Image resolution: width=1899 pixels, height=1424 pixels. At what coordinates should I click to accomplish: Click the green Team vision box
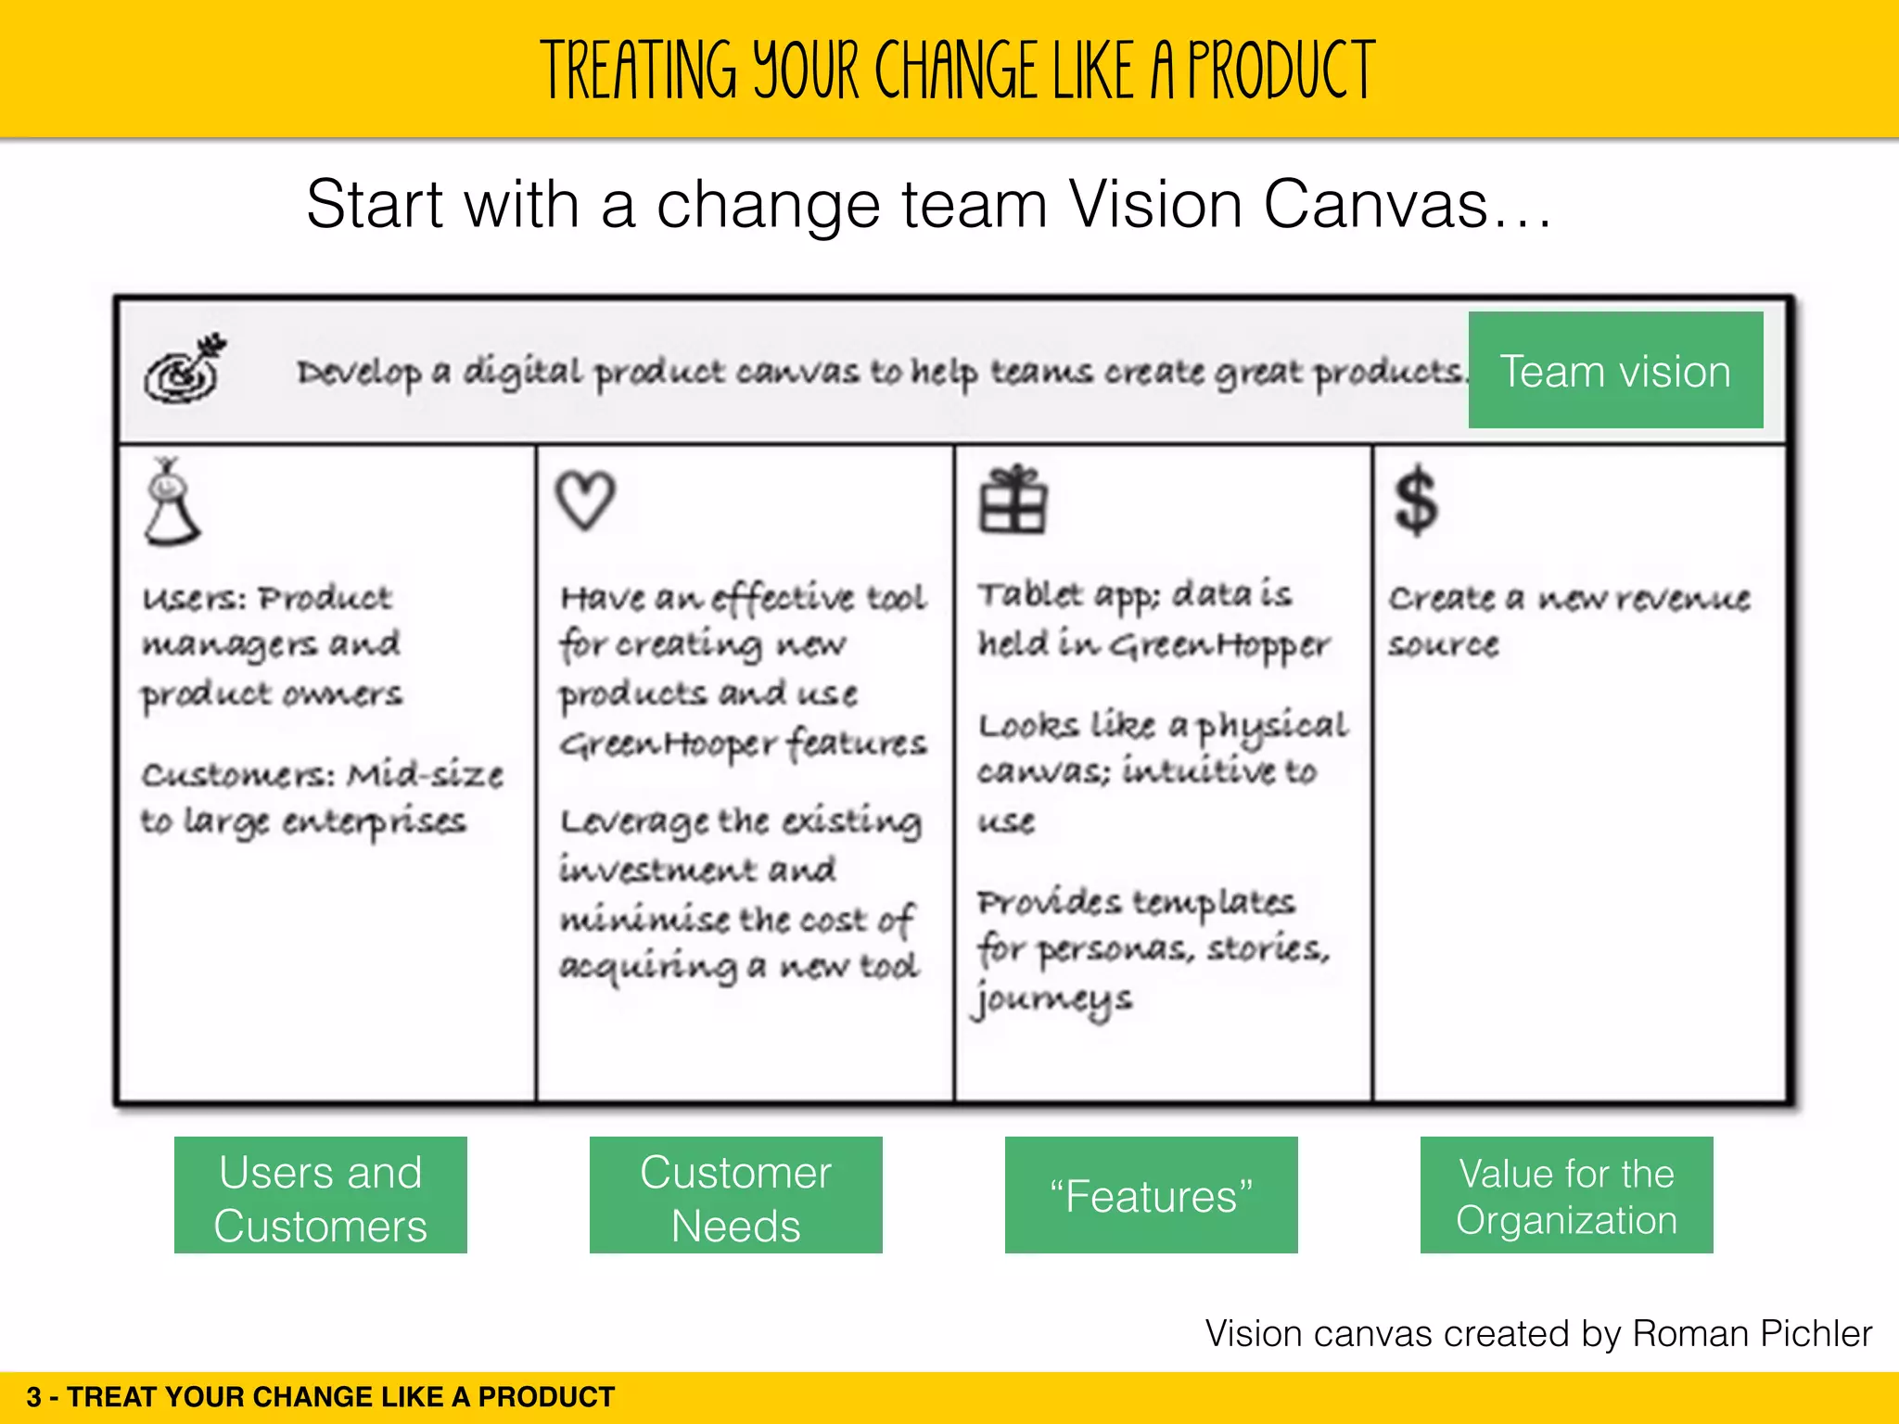coord(1615,370)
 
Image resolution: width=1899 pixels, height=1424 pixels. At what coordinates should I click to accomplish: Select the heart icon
coord(585,500)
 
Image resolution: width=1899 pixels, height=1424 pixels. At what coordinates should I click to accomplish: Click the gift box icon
coord(1013,500)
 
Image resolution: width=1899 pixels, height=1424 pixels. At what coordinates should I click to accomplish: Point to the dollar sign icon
coord(1416,502)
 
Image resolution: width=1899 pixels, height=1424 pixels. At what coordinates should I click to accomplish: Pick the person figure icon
coord(171,502)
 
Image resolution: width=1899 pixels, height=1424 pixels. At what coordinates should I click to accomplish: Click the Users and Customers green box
coord(320,1195)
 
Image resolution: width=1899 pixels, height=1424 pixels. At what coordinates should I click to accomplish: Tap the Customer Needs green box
coord(735,1195)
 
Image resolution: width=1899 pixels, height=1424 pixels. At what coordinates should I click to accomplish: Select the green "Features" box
coord(1151,1195)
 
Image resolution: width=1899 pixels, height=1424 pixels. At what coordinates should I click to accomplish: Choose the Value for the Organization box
coord(1566,1195)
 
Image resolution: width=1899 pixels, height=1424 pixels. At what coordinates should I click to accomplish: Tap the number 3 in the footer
coord(34,1397)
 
